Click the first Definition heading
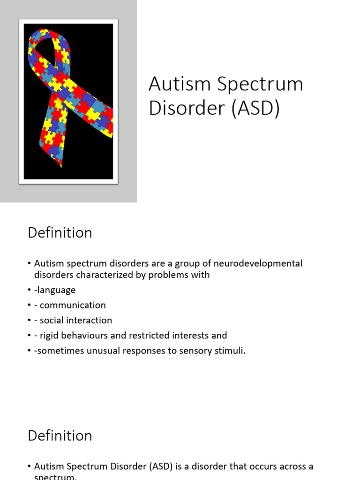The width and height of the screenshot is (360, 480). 60,233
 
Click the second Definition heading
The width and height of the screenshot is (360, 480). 60,435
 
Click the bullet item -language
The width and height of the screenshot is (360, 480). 55,290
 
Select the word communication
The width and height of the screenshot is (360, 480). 73,305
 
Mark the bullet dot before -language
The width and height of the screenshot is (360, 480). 30,291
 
